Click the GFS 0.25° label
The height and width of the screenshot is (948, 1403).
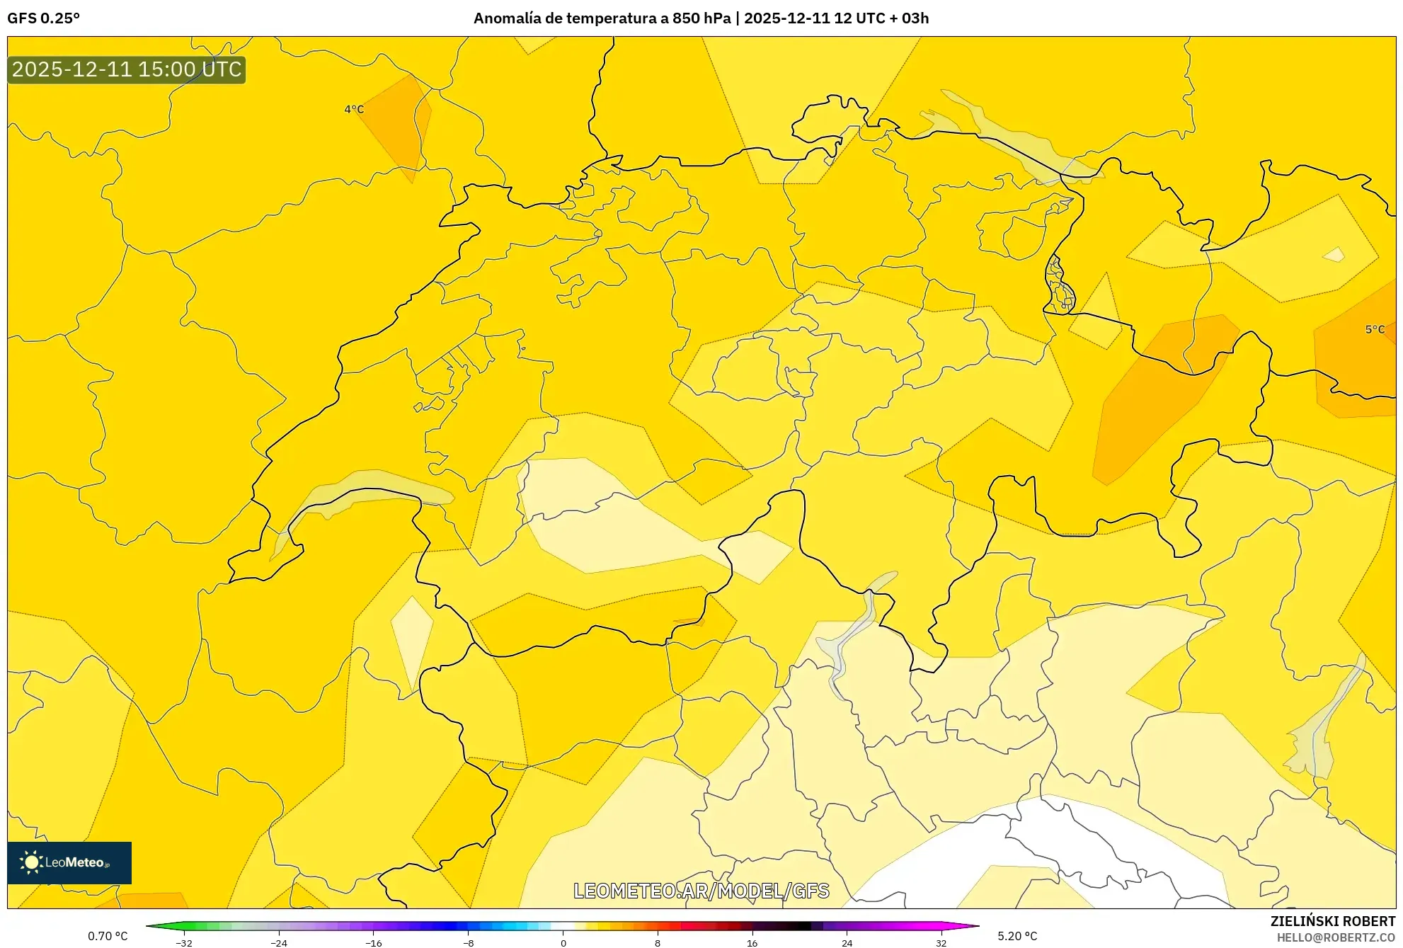coord(43,18)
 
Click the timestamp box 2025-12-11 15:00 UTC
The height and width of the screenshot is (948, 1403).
coord(127,69)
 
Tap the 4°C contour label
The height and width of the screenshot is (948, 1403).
coord(354,109)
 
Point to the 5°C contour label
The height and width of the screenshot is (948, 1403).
coord(1375,329)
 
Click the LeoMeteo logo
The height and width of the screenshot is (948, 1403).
coord(69,862)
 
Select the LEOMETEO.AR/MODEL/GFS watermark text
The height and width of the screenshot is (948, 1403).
coord(701,891)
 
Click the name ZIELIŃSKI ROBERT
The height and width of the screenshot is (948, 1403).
coord(1332,921)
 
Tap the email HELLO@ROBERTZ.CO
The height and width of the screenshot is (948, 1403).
coord(1335,937)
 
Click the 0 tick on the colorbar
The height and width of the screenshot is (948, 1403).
coord(563,942)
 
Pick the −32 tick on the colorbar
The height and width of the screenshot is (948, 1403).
coord(184,942)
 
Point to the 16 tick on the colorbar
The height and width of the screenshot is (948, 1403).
coord(752,942)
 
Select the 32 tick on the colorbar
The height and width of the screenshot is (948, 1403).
coord(941,942)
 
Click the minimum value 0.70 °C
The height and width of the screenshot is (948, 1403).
coord(108,936)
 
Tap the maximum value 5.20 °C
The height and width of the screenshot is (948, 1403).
coord(1017,936)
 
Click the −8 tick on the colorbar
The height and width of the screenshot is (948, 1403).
coord(468,942)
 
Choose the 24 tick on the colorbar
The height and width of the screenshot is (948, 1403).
coord(847,942)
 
